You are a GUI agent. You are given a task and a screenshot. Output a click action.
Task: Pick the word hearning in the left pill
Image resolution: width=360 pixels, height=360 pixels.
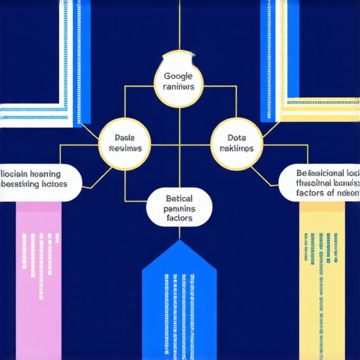44,173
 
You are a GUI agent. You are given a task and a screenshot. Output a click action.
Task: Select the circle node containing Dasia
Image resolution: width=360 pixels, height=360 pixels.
124,143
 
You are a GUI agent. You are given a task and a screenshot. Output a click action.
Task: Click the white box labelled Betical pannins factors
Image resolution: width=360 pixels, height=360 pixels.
179,207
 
